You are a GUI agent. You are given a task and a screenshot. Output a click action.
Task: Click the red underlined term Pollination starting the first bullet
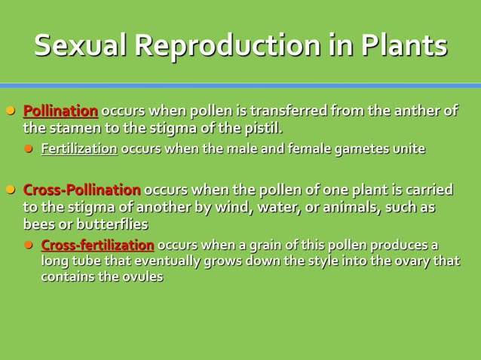pyautogui.click(x=60, y=111)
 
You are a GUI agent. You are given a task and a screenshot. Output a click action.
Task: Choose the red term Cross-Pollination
pyautogui.click(x=81, y=189)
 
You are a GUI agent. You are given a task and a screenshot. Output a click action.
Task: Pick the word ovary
pyautogui.click(x=409, y=261)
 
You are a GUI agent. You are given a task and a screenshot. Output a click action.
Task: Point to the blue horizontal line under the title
pyautogui.click(x=240, y=85)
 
